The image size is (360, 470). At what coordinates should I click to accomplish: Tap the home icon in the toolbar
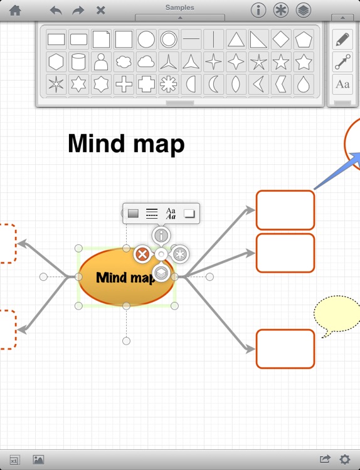coord(15,11)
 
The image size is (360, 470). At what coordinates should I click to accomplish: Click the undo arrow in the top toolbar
coord(56,11)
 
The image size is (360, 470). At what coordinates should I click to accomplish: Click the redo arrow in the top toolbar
coord(78,11)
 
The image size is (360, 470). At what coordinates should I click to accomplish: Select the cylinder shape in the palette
coord(78,61)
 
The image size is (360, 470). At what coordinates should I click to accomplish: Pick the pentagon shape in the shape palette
coord(304,39)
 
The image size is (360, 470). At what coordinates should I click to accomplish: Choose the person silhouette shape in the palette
coord(101,61)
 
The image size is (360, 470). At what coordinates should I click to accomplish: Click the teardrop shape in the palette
coord(304,84)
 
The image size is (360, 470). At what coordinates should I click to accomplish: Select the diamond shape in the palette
coord(281,39)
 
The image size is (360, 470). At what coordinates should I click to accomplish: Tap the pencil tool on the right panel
coord(342,39)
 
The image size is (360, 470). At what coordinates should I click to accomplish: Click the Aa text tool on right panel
coord(342,84)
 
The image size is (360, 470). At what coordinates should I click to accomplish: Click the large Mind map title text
coord(126,144)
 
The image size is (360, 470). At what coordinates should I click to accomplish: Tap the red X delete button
coord(142,254)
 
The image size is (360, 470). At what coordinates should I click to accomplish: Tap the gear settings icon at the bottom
coord(345,459)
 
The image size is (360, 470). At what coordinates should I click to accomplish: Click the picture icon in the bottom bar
coord(38,459)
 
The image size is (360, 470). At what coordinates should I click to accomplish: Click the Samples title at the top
coord(180,8)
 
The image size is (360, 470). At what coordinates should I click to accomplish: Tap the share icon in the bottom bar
coord(325,459)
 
